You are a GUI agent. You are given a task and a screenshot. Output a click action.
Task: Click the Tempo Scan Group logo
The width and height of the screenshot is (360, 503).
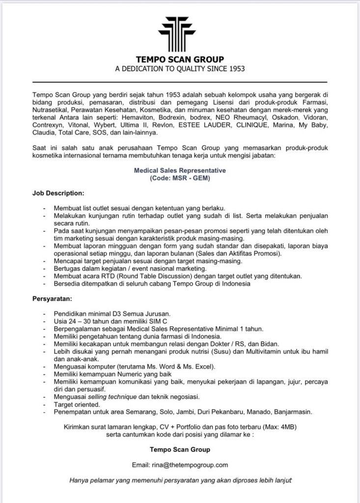(x=180, y=32)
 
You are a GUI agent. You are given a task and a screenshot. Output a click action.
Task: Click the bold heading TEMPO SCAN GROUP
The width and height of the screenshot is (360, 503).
(x=180, y=60)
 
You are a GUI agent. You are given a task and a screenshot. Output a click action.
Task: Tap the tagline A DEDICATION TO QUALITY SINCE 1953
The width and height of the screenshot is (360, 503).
(x=180, y=69)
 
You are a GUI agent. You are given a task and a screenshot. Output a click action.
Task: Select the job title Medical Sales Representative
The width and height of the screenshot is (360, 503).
(x=180, y=171)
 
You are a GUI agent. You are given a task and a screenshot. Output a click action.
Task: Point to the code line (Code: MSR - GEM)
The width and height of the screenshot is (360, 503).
(x=180, y=179)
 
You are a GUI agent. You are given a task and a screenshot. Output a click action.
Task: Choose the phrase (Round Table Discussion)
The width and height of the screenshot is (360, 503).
(x=142, y=277)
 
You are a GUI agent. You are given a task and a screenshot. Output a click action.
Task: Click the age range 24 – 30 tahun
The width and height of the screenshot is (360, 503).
(x=80, y=321)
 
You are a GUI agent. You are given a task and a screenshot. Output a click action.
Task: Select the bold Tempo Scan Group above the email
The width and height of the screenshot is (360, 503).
(x=180, y=449)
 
